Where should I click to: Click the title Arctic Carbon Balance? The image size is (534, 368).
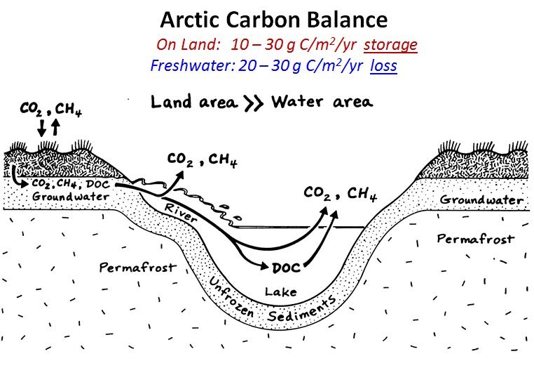(274, 20)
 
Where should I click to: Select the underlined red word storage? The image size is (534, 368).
(390, 45)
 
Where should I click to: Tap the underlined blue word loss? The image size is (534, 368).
(383, 65)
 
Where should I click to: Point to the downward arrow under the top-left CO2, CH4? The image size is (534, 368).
(41, 128)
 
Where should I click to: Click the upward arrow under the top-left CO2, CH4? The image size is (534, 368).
(55, 127)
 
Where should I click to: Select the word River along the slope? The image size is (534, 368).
(181, 212)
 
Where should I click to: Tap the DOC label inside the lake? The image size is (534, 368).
(287, 268)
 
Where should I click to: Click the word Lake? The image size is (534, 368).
(280, 292)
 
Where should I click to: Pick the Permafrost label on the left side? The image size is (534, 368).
(138, 268)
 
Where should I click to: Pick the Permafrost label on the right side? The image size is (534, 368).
(475, 239)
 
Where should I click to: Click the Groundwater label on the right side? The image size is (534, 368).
(481, 199)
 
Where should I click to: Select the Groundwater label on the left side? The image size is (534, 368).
(71, 196)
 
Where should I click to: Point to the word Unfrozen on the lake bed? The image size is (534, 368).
(231, 296)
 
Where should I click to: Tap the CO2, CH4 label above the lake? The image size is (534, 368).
(340, 194)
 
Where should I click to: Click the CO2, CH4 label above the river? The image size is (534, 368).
(203, 159)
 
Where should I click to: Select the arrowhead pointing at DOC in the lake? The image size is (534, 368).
(264, 265)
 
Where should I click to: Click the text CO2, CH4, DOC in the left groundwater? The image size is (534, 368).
(71, 184)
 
